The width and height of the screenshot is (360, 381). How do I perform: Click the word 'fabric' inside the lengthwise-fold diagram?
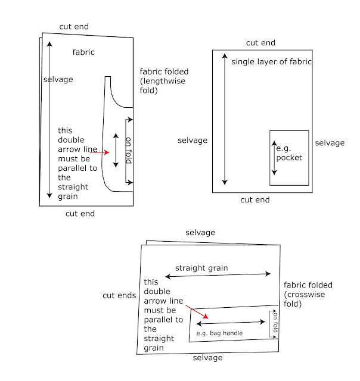tap(83, 52)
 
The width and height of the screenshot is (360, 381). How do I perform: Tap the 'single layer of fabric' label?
tap(271, 62)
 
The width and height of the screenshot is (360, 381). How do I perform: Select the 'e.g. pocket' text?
tap(289, 153)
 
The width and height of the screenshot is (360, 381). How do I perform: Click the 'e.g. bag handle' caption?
tap(219, 333)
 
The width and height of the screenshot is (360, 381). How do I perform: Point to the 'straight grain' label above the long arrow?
tap(201, 268)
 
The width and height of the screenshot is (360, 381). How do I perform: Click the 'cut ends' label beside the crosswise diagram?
tap(119, 295)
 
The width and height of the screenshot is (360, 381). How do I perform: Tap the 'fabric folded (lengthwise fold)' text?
tap(164, 81)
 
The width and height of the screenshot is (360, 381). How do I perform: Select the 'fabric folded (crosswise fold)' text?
tap(308, 294)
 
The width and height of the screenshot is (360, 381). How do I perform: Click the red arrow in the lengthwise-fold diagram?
tap(100, 152)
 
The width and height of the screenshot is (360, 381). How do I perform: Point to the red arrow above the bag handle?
tap(197, 312)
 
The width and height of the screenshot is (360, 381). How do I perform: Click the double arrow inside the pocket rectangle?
tap(274, 158)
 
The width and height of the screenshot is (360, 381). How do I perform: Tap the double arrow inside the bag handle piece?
tap(231, 323)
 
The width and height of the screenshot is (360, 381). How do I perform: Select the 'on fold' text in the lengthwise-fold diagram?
tap(128, 151)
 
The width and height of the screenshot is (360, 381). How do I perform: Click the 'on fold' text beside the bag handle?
tap(275, 322)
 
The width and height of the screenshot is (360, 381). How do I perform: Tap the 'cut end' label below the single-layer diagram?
tap(255, 200)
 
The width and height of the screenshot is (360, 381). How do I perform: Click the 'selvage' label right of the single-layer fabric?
tap(330, 143)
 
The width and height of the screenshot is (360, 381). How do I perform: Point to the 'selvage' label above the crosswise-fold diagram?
tap(200, 233)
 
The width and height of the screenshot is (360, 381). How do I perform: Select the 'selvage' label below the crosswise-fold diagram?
tap(207, 358)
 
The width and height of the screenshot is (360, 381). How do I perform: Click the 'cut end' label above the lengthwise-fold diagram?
tap(74, 26)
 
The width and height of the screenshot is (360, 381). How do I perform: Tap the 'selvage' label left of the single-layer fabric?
tap(193, 140)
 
